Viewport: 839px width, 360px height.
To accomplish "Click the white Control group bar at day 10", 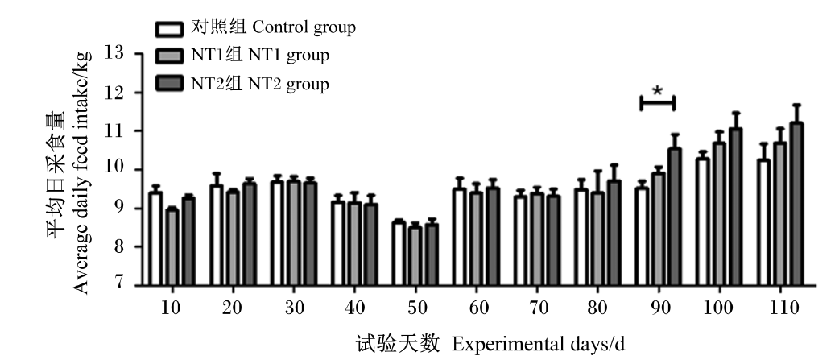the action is coord(155,238).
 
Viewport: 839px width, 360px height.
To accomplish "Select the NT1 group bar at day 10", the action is coord(172,247).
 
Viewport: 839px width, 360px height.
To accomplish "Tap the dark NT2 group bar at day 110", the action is coord(797,204).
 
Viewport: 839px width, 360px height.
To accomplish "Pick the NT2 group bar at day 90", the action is coord(676,217).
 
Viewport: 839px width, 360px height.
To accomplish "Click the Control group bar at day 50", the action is coord(399,254).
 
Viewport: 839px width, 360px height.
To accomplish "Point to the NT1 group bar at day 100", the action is coord(720,214).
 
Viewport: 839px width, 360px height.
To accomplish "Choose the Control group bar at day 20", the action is coord(216,235).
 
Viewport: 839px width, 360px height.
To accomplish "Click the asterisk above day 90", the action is coord(658,90).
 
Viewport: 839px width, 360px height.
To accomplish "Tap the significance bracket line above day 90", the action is coord(658,103).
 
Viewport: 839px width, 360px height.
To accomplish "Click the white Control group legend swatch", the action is coord(170,29).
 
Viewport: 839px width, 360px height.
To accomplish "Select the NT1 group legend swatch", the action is coord(170,56).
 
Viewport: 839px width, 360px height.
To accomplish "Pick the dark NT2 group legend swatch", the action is coord(170,83).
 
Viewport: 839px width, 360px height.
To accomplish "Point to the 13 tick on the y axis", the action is coord(138,53).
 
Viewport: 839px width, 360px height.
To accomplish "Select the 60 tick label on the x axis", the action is coord(478,308).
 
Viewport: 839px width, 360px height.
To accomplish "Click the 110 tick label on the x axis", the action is coord(779,308).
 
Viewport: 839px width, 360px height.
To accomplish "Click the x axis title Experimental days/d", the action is coord(539,343).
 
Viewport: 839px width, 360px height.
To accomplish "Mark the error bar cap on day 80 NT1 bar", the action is coord(597,172).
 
